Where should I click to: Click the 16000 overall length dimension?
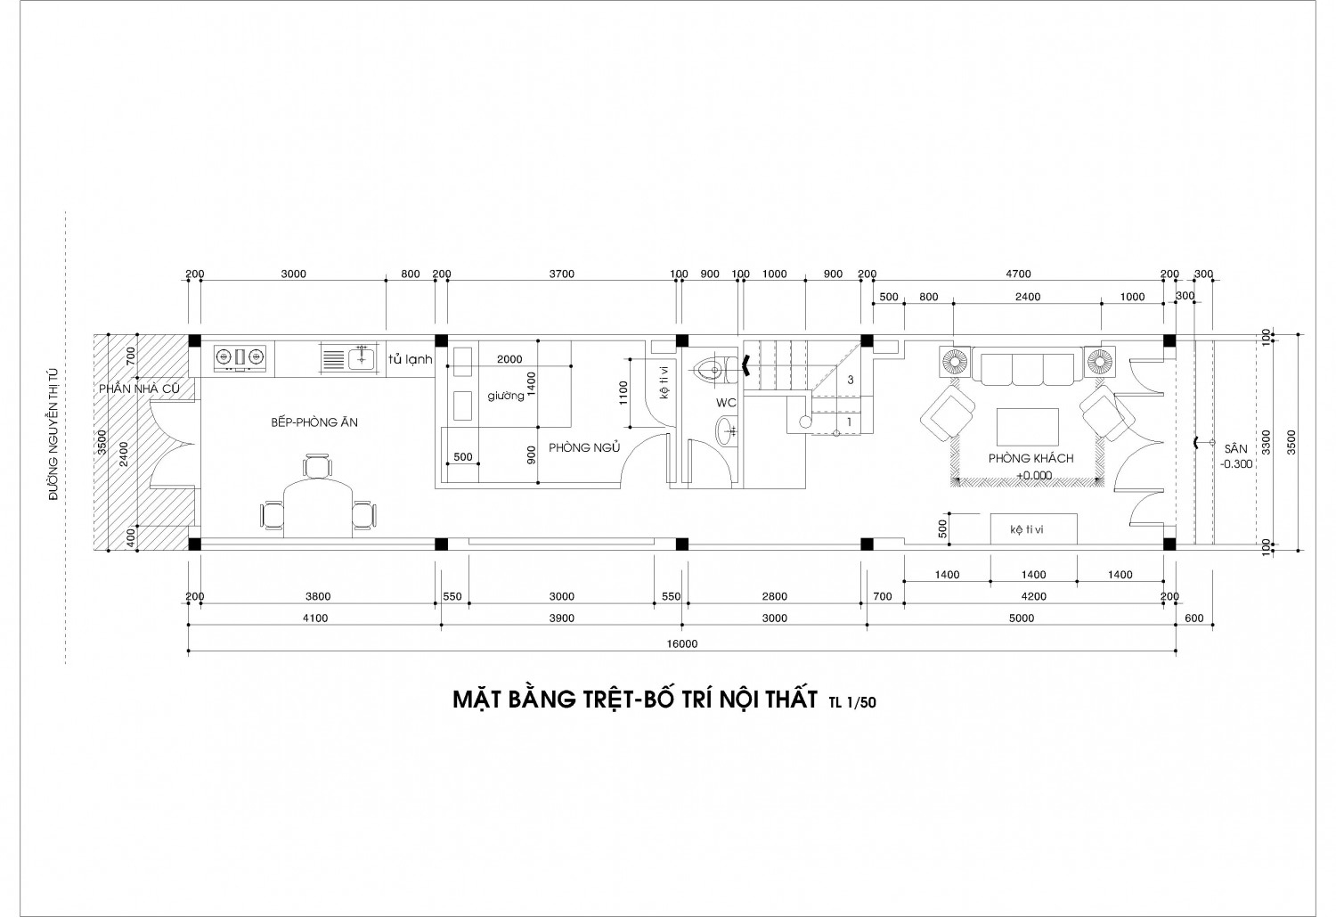tap(682, 643)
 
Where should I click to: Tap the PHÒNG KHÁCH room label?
tap(1031, 458)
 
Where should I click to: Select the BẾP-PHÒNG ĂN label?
tap(314, 422)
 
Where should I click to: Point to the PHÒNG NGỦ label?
tap(584, 447)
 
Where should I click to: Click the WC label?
tap(726, 403)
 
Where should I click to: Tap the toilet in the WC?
tap(717, 370)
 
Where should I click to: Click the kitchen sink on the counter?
tap(348, 358)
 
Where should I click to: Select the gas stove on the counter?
tap(240, 358)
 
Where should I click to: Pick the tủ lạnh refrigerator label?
tap(410, 359)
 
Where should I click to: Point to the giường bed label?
tap(506, 396)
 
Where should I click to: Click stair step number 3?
tap(851, 380)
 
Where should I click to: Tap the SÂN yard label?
tap(1236, 449)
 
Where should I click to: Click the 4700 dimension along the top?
tap(1018, 274)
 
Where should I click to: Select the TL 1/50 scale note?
tap(852, 703)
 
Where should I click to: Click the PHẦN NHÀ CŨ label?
tap(139, 389)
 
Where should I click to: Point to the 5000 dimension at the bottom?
tap(1021, 618)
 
